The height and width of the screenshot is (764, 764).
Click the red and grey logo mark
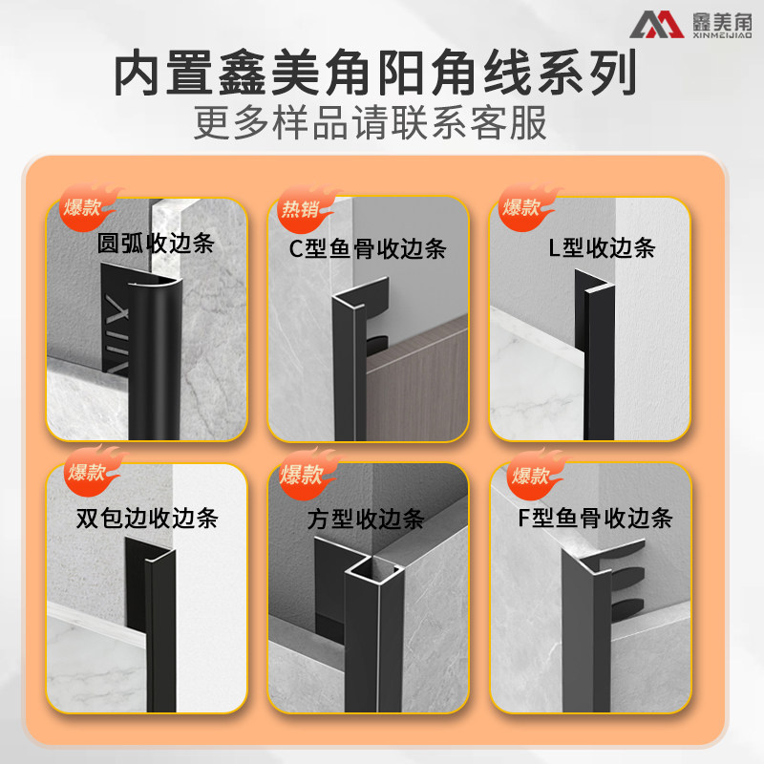[x=656, y=25]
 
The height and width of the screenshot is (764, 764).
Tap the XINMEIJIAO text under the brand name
[x=722, y=35]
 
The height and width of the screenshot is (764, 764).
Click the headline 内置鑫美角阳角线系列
[x=375, y=74]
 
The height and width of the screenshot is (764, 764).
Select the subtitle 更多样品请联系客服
[x=371, y=122]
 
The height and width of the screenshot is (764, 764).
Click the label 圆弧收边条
[x=156, y=244]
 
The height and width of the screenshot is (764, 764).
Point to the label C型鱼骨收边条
[x=368, y=248]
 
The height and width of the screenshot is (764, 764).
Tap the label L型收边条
[x=602, y=247]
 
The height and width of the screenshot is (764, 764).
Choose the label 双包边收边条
[x=147, y=518]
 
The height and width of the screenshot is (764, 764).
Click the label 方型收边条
[x=366, y=520]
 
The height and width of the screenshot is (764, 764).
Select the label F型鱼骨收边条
[x=595, y=518]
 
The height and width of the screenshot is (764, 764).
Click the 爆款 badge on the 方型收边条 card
[x=306, y=474]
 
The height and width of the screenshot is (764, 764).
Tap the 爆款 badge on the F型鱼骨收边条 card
[x=535, y=475]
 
